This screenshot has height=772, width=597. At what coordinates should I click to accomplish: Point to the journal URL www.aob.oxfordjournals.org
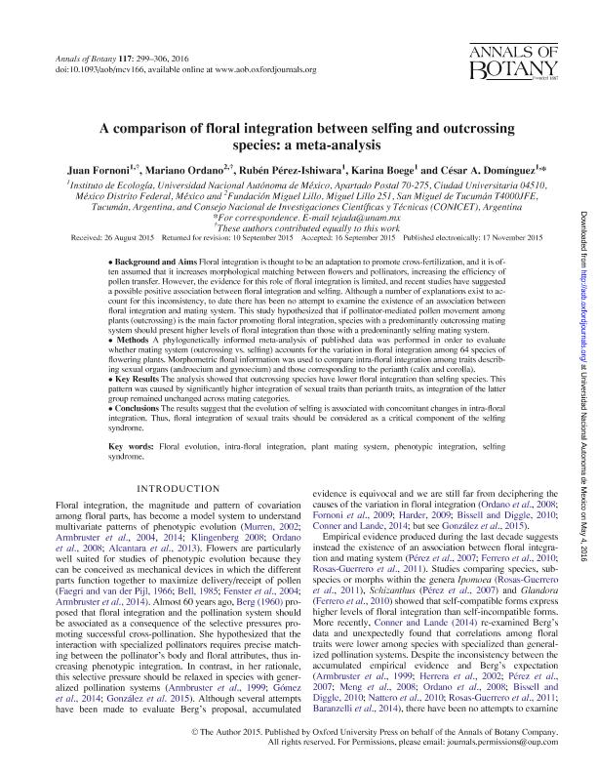point(260,69)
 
